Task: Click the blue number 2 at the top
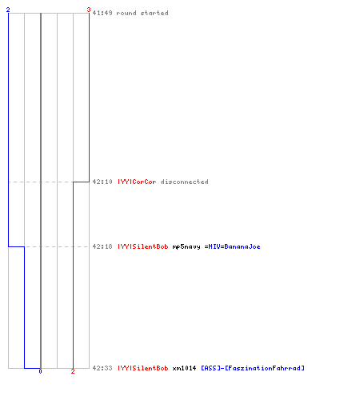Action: (8, 10)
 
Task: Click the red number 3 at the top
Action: (89, 10)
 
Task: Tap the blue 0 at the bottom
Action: (40, 371)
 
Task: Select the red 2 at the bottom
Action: (73, 371)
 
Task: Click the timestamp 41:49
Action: (102, 13)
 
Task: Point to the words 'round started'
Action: (142, 13)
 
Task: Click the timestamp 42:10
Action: (102, 182)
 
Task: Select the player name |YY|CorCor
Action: (137, 182)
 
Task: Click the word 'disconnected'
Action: (184, 182)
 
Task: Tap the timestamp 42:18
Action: (102, 246)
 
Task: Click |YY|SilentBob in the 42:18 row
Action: (143, 246)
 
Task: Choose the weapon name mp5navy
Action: (186, 246)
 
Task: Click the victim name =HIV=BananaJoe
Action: (232, 246)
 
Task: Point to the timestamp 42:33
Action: (102, 368)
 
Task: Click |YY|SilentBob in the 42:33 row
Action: (143, 368)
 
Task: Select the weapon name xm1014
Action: (184, 368)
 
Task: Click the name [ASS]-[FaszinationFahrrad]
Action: (253, 368)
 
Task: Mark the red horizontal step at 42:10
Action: (81, 182)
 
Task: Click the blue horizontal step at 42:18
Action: (17, 246)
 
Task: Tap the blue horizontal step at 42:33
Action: (33, 368)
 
